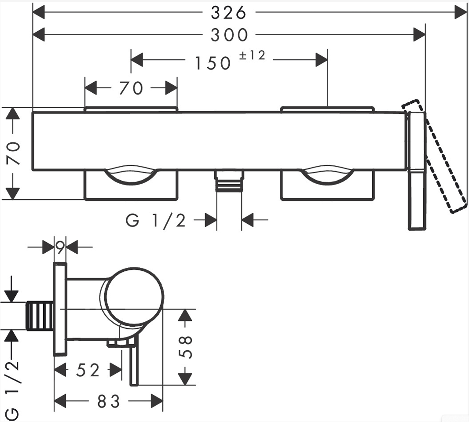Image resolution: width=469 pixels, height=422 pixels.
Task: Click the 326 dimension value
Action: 228,13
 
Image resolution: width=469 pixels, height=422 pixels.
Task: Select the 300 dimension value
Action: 229,35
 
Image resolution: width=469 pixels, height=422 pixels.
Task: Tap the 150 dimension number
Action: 213,63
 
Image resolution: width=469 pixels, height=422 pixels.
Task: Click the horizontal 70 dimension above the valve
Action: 131,88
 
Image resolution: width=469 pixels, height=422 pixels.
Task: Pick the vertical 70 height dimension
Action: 14,153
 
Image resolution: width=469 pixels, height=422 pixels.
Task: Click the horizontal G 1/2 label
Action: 156,221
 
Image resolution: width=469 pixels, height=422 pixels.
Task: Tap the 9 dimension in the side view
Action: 60,247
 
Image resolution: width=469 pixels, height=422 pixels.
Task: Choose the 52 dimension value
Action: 88,371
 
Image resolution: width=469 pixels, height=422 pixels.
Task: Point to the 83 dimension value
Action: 109,401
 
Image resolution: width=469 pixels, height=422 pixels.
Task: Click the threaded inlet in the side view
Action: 41,316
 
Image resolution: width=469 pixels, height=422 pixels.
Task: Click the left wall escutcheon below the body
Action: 131,187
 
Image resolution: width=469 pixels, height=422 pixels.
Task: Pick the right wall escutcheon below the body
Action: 327,187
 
